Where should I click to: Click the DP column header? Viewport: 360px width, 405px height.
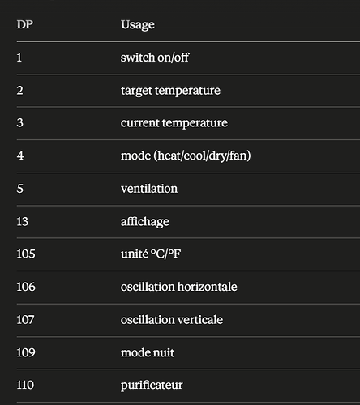pos(25,24)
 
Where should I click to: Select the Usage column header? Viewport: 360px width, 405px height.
pos(138,25)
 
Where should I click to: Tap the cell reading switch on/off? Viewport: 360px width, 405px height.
pos(155,58)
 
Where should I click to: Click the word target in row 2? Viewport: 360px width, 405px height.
pos(136,91)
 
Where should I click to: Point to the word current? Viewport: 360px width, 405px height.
pos(140,123)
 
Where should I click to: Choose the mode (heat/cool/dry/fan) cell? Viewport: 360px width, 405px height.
pos(186,156)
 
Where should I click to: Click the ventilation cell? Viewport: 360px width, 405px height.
pos(149,189)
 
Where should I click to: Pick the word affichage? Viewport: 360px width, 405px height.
pos(145,222)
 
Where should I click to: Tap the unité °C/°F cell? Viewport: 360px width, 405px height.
pos(151,254)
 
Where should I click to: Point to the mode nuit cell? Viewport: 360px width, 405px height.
pos(148,352)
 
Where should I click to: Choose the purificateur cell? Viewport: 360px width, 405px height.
pos(152,386)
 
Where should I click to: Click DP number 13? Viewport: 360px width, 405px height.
pos(23,222)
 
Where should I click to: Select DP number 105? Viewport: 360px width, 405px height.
pos(26,254)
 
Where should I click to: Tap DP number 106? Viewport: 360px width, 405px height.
pos(26,287)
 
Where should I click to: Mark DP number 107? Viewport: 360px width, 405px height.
pos(25,320)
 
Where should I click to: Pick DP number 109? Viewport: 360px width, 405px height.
pos(26,352)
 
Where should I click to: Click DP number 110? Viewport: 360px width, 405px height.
pos(25,385)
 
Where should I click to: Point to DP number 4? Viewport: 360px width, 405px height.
pos(20,156)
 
